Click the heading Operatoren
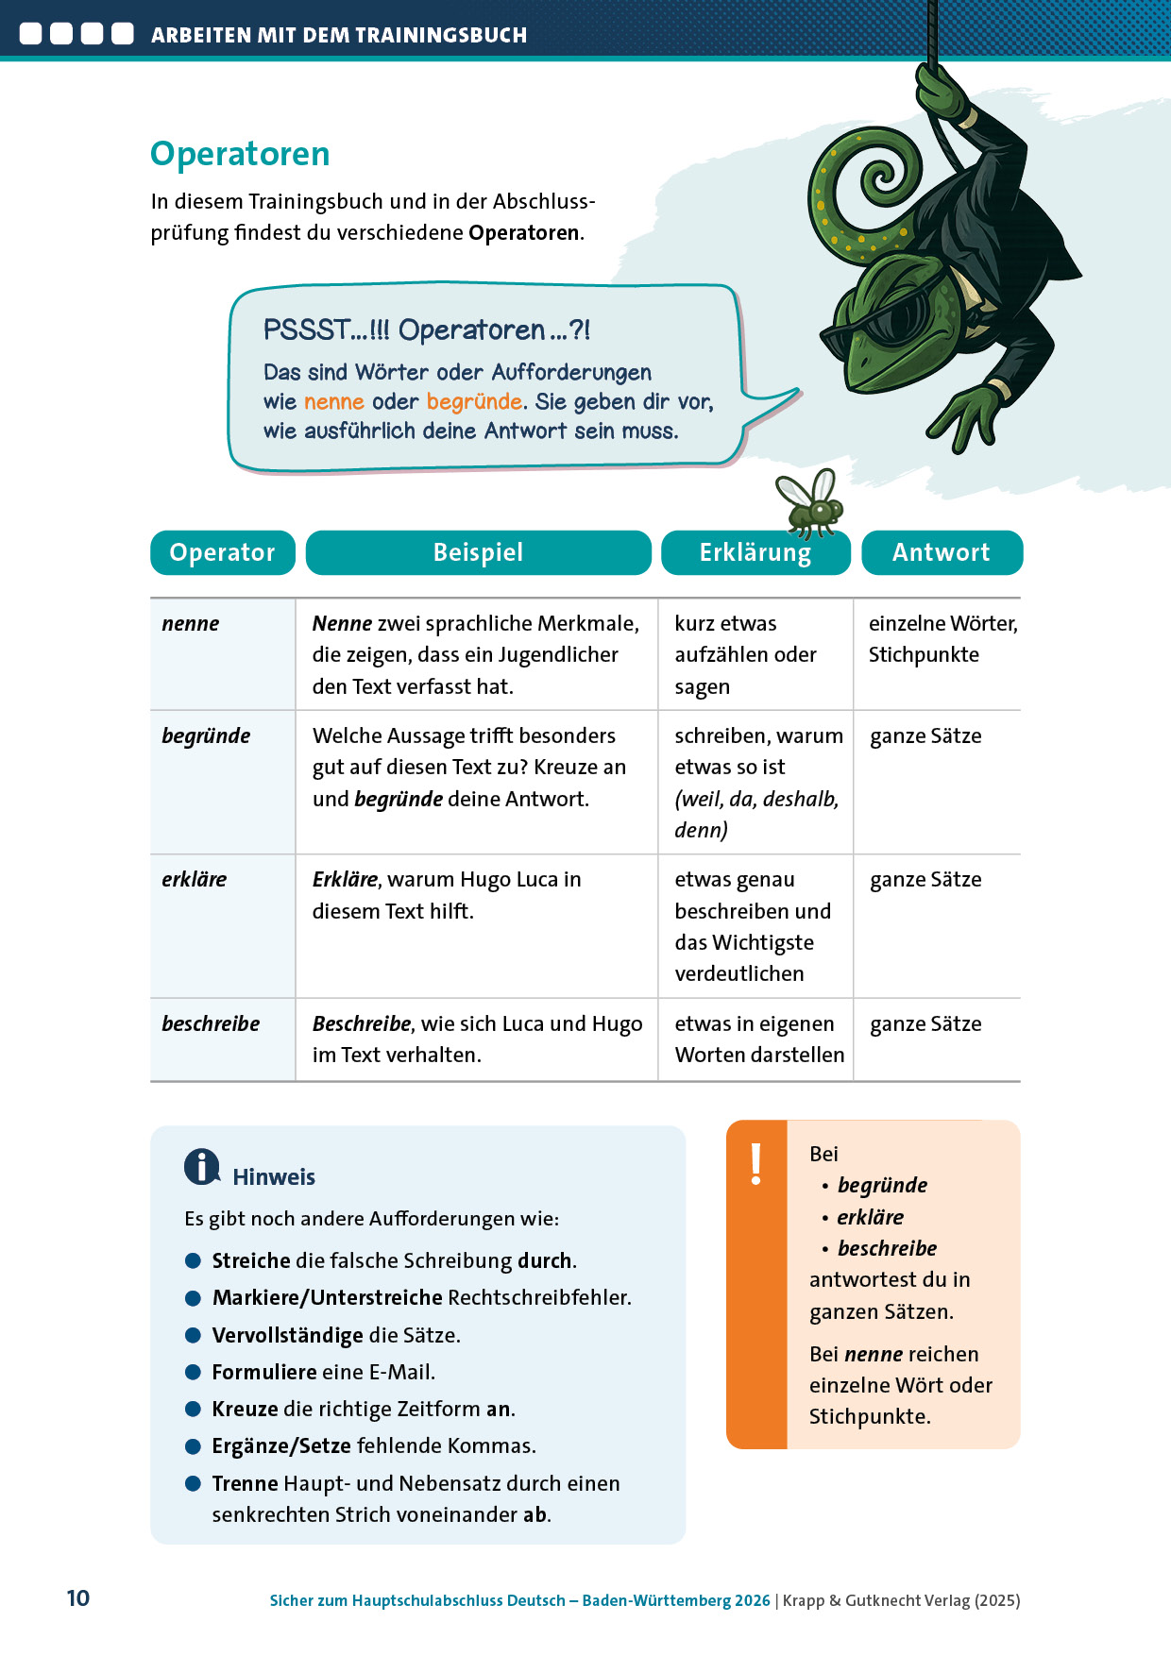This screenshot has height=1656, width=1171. [240, 154]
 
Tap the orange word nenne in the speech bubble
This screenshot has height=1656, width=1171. [333, 402]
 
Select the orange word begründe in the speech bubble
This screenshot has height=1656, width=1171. [474, 402]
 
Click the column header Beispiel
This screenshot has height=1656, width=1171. [478, 552]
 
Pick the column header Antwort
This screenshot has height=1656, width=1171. [942, 552]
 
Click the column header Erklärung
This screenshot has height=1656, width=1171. [755, 553]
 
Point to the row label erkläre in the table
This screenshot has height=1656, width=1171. [195, 880]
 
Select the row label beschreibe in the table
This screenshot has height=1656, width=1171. [211, 1024]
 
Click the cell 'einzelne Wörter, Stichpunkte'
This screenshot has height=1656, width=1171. [942, 639]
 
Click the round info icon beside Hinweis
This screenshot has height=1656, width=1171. [201, 1167]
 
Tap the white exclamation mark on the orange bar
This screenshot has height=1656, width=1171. [755, 1164]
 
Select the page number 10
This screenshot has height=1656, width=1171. [78, 1598]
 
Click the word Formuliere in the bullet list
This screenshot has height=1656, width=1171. [264, 1372]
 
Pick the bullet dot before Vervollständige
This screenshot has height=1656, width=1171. [193, 1335]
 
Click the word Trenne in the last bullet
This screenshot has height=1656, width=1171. [245, 1483]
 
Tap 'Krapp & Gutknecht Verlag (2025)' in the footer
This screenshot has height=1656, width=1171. [901, 1600]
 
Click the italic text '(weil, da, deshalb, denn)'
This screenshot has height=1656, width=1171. [755, 815]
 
